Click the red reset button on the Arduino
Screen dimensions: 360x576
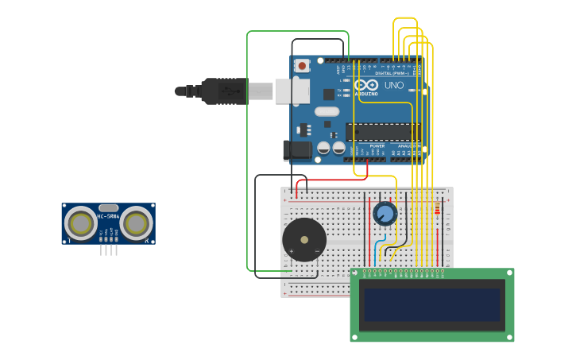coord(302,66)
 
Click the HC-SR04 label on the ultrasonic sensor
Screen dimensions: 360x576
coord(108,216)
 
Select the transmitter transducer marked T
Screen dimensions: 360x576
coord(80,223)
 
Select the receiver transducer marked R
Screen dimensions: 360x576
coord(137,223)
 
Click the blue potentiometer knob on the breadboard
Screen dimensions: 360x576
coord(385,213)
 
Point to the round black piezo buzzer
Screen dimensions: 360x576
coord(304,239)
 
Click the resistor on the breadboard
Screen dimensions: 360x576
coord(437,208)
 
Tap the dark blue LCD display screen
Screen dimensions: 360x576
coord(432,304)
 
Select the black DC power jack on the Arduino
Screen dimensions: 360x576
coord(297,149)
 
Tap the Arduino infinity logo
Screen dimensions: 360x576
coord(366,84)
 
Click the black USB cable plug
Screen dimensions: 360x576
coord(224,91)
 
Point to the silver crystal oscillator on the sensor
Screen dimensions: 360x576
coord(108,207)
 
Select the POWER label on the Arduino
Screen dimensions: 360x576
coord(377,146)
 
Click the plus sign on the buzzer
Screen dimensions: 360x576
coord(291,251)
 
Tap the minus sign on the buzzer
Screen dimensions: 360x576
coord(317,251)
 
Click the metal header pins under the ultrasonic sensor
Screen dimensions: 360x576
coord(108,250)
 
